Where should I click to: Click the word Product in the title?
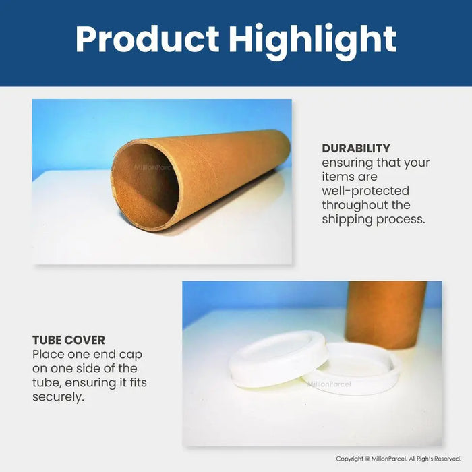coord(146,39)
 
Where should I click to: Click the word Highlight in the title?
coord(312,39)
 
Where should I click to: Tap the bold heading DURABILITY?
coord(356,148)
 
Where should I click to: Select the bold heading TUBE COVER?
coord(69,340)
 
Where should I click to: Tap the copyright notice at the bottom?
coord(399,459)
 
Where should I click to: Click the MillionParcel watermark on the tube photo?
coord(155,168)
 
